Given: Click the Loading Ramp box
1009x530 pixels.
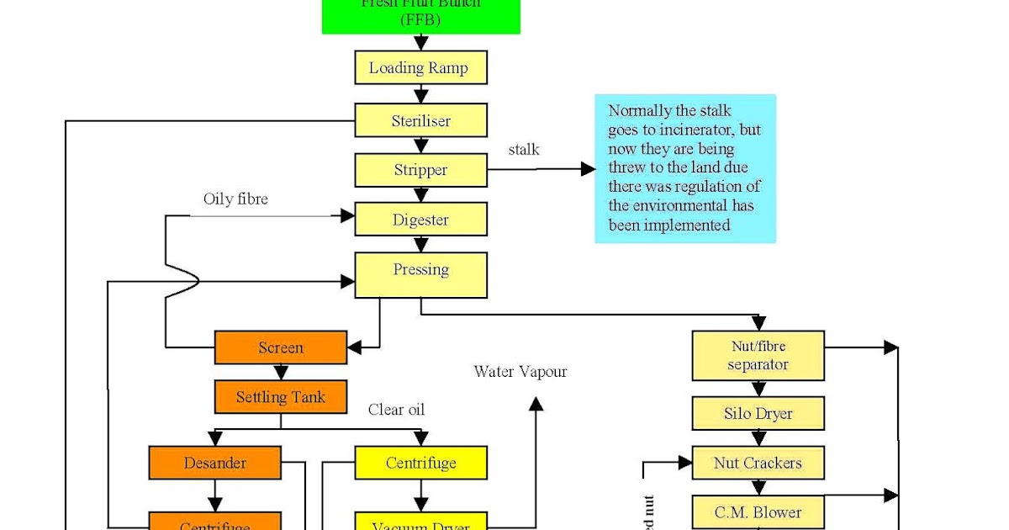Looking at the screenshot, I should point(420,68).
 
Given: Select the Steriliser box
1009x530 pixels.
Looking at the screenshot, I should point(420,120).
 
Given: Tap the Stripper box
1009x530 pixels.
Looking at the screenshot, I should point(420,170).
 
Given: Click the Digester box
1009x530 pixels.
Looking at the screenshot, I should point(420,220).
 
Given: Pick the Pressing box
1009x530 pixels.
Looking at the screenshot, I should point(420,275).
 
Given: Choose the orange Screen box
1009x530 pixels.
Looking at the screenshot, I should point(281,347).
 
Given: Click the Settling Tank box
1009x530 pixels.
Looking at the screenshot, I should point(281,396).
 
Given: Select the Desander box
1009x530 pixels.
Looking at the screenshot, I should point(214,463).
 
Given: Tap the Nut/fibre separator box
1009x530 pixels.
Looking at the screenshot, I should point(758,356).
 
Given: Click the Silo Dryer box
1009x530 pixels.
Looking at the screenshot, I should point(758,414).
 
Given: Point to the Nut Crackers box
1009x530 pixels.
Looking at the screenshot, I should point(758,463).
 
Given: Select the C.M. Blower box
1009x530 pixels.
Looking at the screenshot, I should point(758,511).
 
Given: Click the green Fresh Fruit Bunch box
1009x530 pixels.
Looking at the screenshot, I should point(420,15).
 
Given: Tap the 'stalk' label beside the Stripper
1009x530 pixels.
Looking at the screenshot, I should point(524,150).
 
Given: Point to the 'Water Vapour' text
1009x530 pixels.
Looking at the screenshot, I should point(520,371).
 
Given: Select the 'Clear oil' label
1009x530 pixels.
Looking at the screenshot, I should point(396,410).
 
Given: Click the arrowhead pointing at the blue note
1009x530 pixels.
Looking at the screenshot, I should point(589,169).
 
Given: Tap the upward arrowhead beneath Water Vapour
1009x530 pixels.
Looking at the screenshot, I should point(536,405).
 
